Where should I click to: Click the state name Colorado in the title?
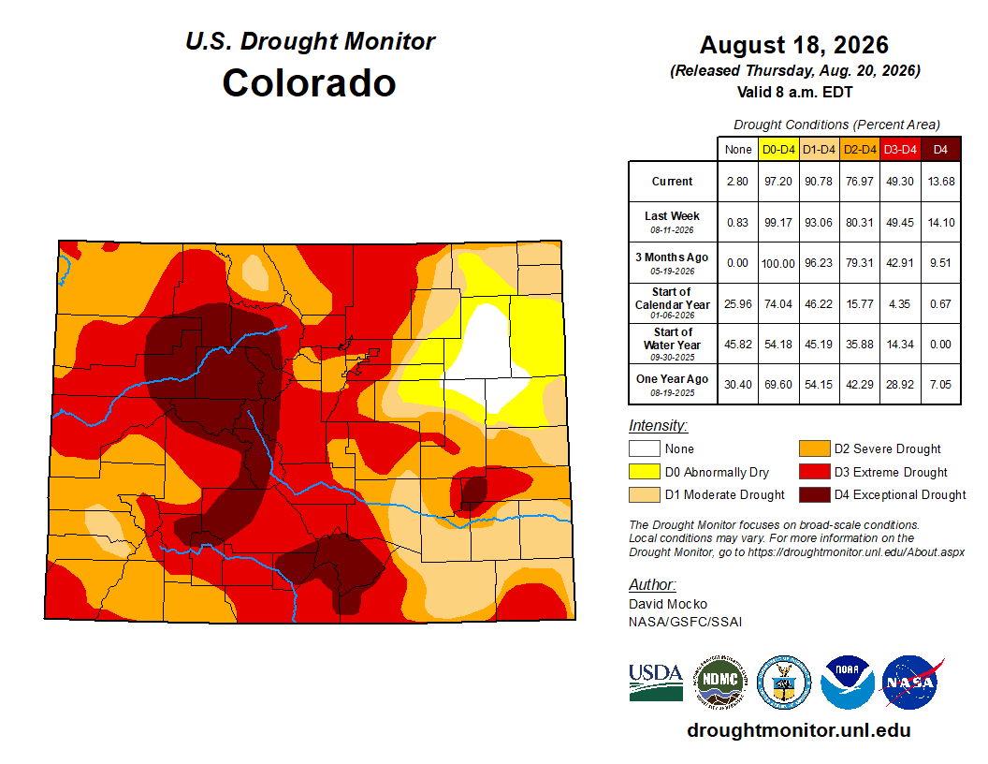(x=309, y=83)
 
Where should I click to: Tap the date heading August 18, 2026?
(x=794, y=45)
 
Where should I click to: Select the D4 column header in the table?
(x=940, y=150)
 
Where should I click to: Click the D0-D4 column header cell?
(x=778, y=150)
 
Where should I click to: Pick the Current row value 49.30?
(x=900, y=182)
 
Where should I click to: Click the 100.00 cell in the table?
(x=778, y=263)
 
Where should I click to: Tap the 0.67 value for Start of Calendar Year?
(x=940, y=304)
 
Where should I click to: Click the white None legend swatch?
(x=644, y=448)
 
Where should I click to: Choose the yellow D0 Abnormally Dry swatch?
(x=644, y=472)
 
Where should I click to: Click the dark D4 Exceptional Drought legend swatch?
(x=815, y=495)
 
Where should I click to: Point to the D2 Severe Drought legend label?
(x=887, y=448)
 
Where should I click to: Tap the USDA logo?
(x=656, y=682)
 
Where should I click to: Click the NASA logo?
(x=910, y=682)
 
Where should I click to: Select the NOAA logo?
(x=848, y=682)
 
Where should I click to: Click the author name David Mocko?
(x=668, y=604)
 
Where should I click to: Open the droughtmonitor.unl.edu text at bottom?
(x=799, y=730)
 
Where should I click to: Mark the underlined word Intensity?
(x=658, y=425)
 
